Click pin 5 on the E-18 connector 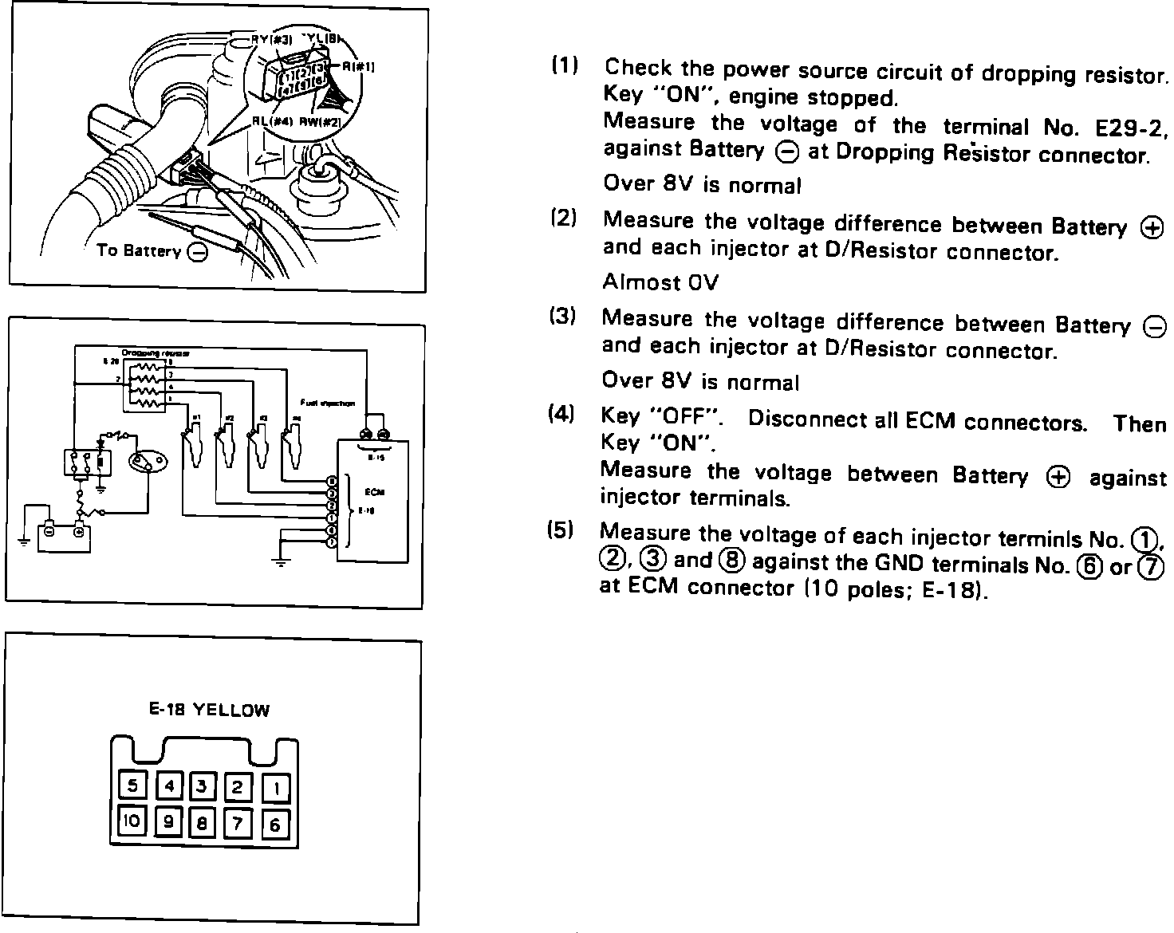[x=132, y=786]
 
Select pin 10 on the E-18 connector [x=132, y=821]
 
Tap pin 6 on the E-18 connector [x=275, y=824]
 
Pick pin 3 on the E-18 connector [x=202, y=787]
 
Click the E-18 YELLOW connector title [x=210, y=710]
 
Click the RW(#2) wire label [x=320, y=122]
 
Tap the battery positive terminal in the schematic [x=78, y=530]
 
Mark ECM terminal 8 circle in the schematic [x=332, y=482]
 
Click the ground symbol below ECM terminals [x=280, y=561]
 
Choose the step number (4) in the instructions [x=561, y=415]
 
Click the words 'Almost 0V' [x=660, y=282]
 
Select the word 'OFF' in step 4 [x=685, y=417]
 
